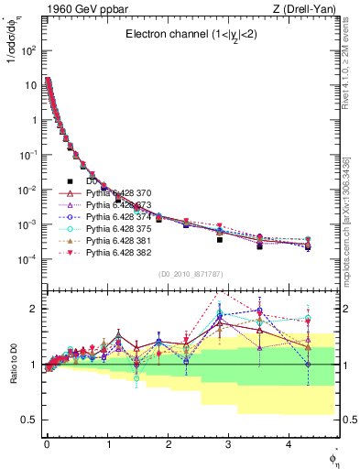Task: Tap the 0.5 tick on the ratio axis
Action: pos(29,420)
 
